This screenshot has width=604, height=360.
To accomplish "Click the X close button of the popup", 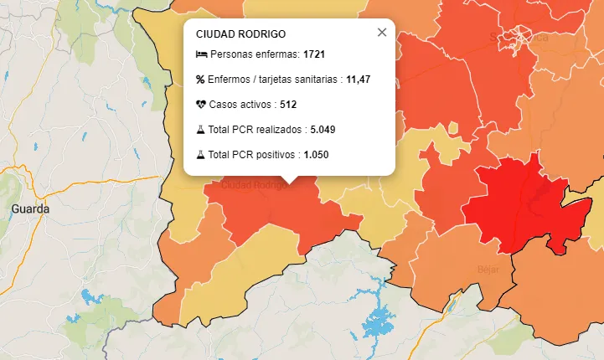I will pos(382,33).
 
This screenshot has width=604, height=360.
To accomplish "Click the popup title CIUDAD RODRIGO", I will pos(240,34).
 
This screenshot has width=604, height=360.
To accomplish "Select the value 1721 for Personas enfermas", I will pos(314,54).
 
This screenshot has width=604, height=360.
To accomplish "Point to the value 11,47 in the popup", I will pos(358,80).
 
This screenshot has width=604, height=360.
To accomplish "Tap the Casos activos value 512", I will pos(288,105).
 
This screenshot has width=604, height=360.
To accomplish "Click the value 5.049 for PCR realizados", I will pos(323,130).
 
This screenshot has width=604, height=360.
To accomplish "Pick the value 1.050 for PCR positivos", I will pos(316,155).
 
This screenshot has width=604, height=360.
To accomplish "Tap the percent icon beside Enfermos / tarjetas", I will pos(200,80).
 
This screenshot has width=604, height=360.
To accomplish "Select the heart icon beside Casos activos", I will pos(200,105).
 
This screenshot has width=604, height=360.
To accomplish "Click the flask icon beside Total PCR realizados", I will pos(200,130).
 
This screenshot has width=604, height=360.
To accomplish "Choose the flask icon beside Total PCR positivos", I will pos(200,155).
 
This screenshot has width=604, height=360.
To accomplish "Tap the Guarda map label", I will pos(30,208).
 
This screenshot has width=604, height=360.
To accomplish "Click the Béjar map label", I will pos(488,270).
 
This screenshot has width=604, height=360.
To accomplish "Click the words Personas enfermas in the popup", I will pos(255,54).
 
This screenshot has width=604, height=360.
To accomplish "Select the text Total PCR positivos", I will pos(252,155).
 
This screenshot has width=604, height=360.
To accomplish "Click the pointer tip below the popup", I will pos(289,180).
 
